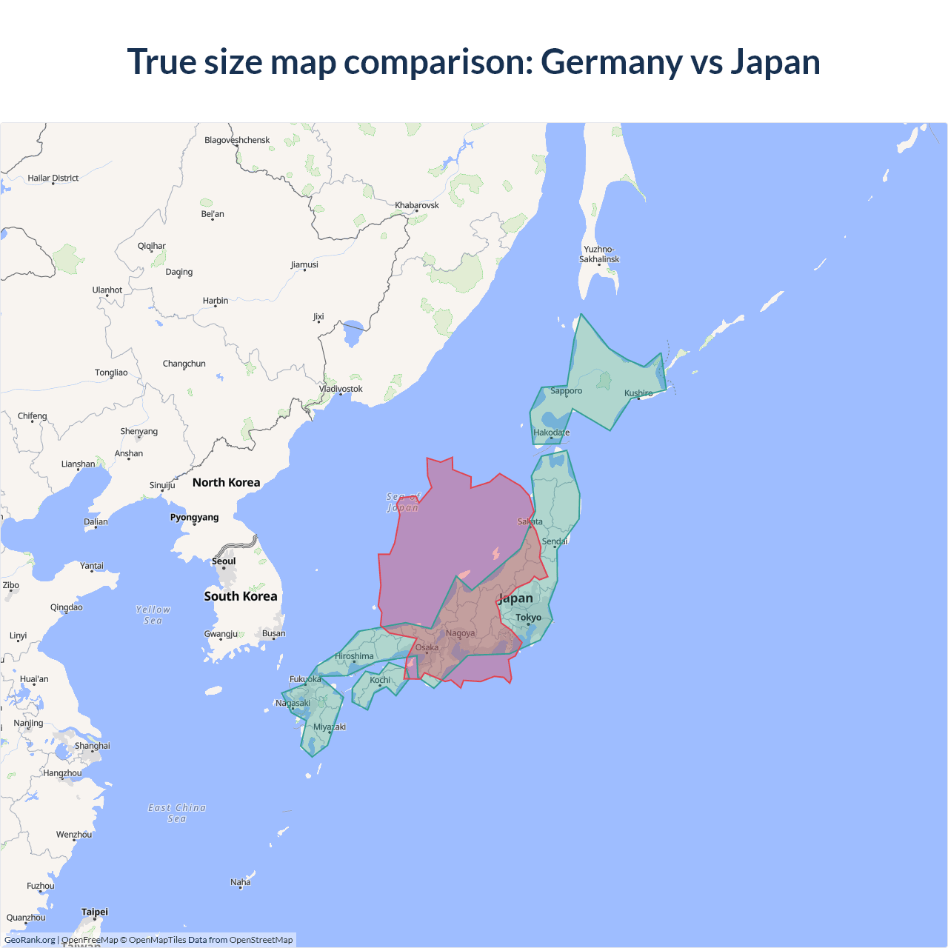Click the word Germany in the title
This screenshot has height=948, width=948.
point(611,62)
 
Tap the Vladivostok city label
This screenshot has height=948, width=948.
point(341,389)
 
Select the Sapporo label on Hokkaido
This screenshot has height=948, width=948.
point(566,391)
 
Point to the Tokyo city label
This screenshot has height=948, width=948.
point(528,618)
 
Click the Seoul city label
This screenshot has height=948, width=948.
point(224,561)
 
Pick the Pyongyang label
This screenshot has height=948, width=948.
point(194,518)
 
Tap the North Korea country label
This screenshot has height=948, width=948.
point(226,483)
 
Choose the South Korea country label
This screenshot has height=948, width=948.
point(241,596)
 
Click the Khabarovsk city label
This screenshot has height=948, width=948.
point(416,205)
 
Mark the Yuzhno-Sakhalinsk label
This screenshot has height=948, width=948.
point(599,254)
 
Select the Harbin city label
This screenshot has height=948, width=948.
point(216,301)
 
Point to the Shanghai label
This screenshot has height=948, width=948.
point(92,746)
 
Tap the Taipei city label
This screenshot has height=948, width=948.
point(95,912)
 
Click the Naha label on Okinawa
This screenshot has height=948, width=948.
point(240,882)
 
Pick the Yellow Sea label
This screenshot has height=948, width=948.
point(153,615)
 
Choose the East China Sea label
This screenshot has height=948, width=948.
point(177,813)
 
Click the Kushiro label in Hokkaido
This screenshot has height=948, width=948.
point(638,393)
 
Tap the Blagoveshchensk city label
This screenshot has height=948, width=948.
point(237,140)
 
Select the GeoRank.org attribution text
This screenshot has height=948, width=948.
point(30,940)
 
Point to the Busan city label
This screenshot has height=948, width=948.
point(273,633)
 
